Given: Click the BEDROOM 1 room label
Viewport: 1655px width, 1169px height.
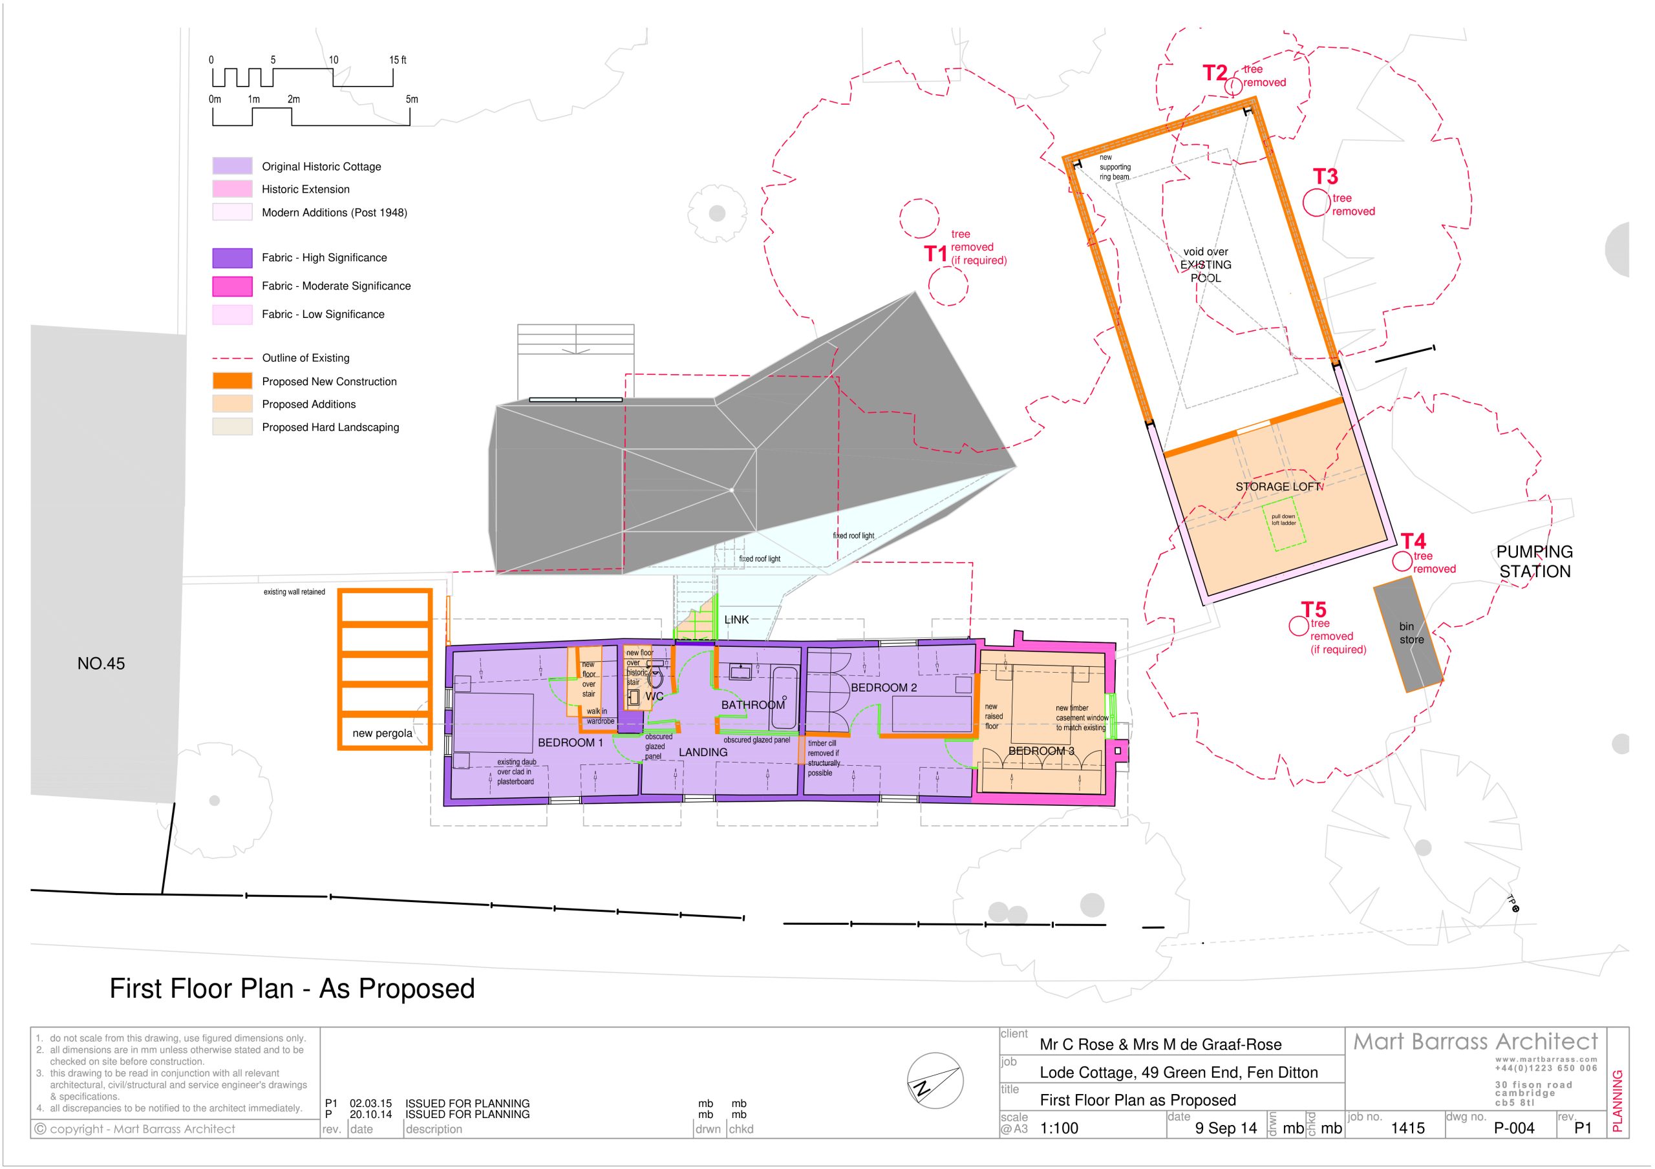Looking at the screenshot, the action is pos(570,742).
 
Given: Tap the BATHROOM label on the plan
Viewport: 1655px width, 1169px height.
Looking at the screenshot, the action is pos(753,705).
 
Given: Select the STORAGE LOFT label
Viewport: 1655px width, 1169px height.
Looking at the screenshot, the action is pos(1279,487).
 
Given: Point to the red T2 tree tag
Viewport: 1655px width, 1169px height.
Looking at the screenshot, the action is pos(1215,73).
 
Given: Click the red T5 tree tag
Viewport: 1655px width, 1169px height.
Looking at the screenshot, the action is pos(1313,610).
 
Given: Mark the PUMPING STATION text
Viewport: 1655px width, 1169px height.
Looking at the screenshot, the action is pos(1535,562).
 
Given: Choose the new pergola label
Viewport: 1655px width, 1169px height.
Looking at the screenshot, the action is pos(382,733).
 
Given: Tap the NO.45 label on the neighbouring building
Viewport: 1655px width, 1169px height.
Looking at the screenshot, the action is pos(101,664).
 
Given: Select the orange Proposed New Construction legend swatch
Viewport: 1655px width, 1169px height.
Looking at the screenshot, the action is pos(232,381).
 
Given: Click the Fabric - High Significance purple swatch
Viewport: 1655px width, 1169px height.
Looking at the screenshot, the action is pos(232,257).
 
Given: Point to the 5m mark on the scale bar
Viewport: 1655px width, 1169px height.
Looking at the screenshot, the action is pos(412,100).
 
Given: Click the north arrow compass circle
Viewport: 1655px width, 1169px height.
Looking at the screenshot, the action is pos(935,1081).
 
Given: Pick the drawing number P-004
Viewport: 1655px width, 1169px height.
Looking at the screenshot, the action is pos(1515,1128).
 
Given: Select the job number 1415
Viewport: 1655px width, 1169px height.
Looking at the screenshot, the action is pos(1408,1128).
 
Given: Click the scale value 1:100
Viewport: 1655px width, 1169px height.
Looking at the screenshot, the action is pos(1059,1128).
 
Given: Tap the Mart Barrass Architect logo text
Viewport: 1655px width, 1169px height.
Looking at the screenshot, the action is pos(1475,1042).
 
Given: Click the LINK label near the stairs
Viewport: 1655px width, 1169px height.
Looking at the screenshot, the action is pos(736,620).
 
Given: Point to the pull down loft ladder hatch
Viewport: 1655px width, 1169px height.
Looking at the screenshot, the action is pos(1283,527).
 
